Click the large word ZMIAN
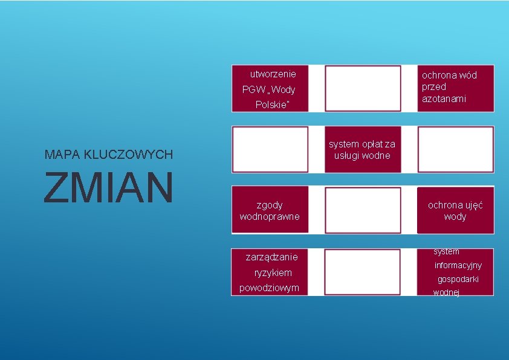(x=108, y=187)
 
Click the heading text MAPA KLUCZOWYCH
(x=109, y=155)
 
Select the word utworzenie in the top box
(x=273, y=74)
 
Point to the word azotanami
(x=444, y=98)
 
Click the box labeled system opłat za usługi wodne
(x=362, y=150)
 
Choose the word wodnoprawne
(x=270, y=216)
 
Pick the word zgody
(x=270, y=205)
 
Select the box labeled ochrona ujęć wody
(x=455, y=210)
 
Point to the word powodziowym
(x=270, y=288)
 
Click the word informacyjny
(x=458, y=265)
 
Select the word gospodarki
(x=458, y=279)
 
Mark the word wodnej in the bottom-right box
(x=446, y=293)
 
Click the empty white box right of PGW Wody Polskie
(x=363, y=88)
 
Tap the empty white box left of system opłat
(x=270, y=150)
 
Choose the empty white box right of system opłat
(x=455, y=150)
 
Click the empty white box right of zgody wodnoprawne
(x=363, y=210)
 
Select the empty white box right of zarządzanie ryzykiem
(x=363, y=272)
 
